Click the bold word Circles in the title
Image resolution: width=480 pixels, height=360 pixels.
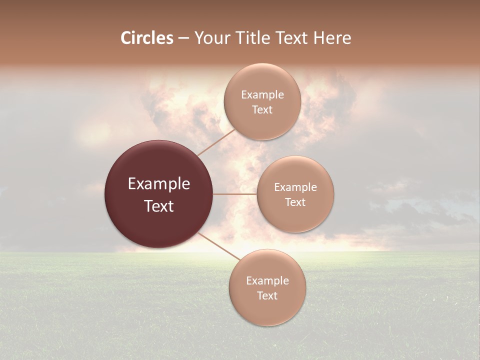point(147,38)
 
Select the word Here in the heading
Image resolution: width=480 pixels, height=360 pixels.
point(332,38)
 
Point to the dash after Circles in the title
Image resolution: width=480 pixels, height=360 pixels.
point(183,38)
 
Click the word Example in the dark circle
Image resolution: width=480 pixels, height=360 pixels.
point(159,184)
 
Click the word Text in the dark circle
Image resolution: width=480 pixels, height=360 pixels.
point(159,206)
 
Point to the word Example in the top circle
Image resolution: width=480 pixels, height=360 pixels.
point(262,95)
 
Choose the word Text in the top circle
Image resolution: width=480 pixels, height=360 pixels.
point(262,110)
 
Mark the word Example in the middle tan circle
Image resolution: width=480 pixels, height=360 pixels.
point(295,187)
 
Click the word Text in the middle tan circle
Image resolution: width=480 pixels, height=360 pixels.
point(295,202)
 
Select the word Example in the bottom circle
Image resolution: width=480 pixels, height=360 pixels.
point(267,281)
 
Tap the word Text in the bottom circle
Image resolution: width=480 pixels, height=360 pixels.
point(267,296)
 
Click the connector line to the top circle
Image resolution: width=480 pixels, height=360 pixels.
point(216,141)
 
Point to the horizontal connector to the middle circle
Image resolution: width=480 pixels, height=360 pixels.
point(235,194)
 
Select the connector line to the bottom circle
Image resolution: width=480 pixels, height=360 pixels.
point(219,246)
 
